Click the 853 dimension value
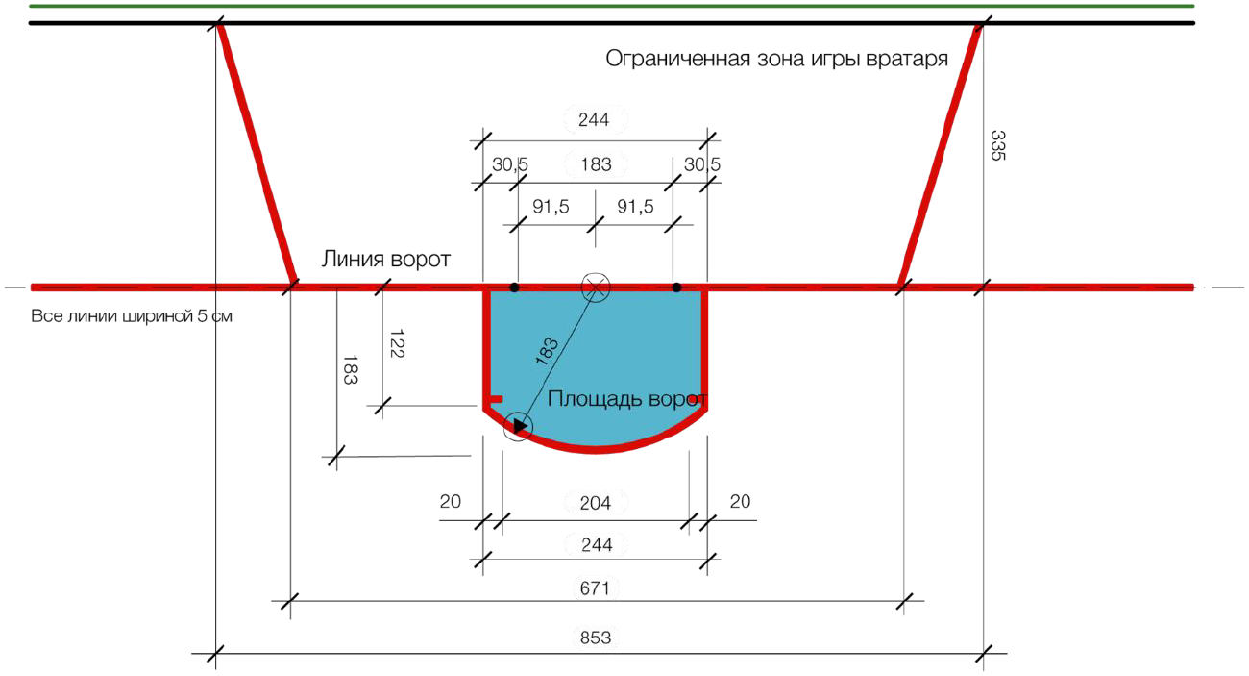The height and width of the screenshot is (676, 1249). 596,637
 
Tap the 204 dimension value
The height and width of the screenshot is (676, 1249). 596,502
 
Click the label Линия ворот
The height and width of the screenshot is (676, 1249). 385,261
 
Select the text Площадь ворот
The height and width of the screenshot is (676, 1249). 627,399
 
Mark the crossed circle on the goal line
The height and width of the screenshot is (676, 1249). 596,287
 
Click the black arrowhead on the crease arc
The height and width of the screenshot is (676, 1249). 519,425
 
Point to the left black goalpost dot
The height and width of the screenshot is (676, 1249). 515,288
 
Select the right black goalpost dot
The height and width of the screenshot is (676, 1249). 676,288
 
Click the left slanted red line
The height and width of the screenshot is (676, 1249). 256,154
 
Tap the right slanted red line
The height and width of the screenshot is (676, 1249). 941,154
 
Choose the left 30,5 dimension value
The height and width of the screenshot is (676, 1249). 510,164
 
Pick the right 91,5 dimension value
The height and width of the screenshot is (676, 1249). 635,207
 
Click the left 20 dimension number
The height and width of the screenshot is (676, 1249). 450,501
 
